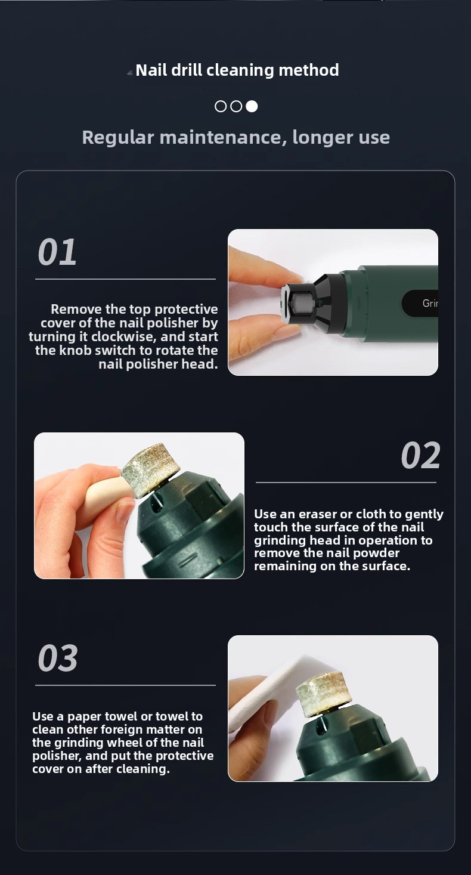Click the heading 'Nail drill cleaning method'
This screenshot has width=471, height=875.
click(x=237, y=70)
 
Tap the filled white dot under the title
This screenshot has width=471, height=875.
click(x=252, y=106)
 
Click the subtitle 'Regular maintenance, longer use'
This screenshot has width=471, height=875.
click(x=236, y=138)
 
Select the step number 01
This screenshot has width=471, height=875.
click(x=57, y=252)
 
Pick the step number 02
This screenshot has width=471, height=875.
click(x=420, y=455)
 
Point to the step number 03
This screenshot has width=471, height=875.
click(x=58, y=658)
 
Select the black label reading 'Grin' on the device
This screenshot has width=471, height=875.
click(x=420, y=303)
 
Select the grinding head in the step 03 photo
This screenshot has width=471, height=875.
click(x=323, y=691)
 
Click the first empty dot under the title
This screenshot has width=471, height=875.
click(x=221, y=106)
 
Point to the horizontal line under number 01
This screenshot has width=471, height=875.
click(x=125, y=279)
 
